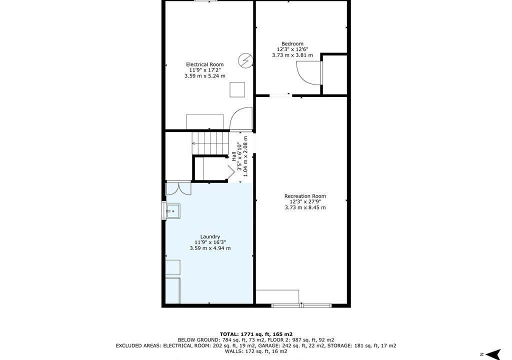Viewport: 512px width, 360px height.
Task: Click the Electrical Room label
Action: [x=204, y=64]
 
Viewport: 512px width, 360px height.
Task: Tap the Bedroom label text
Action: [x=292, y=44]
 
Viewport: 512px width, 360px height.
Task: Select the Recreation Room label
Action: [x=305, y=196]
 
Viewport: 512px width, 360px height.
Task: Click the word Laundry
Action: [x=210, y=237]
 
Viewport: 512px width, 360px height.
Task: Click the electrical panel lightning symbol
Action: [x=245, y=61]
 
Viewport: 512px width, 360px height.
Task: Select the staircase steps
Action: [x=209, y=143]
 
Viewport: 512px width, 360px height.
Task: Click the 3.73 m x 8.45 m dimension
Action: [x=305, y=207]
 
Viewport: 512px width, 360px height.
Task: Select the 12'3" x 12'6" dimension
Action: [x=292, y=49]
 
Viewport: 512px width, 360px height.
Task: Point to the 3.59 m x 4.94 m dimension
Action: [x=210, y=248]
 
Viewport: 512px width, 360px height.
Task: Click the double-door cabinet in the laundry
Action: [x=178, y=188]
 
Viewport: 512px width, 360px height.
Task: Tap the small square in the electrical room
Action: [x=237, y=90]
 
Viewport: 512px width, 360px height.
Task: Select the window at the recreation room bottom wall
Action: [x=301, y=306]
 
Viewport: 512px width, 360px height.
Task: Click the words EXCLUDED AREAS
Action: [x=138, y=345]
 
